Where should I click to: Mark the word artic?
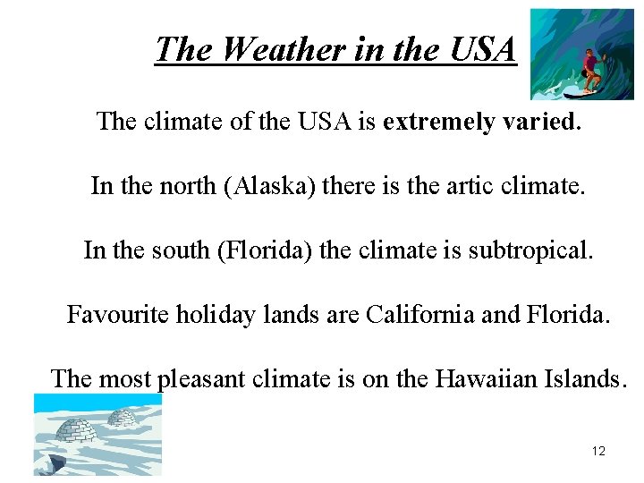click(482, 186)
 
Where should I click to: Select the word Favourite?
click(117, 315)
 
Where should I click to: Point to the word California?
click(419, 315)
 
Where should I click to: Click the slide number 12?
click(598, 451)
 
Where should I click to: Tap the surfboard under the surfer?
click(586, 90)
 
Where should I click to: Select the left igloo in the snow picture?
click(75, 431)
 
